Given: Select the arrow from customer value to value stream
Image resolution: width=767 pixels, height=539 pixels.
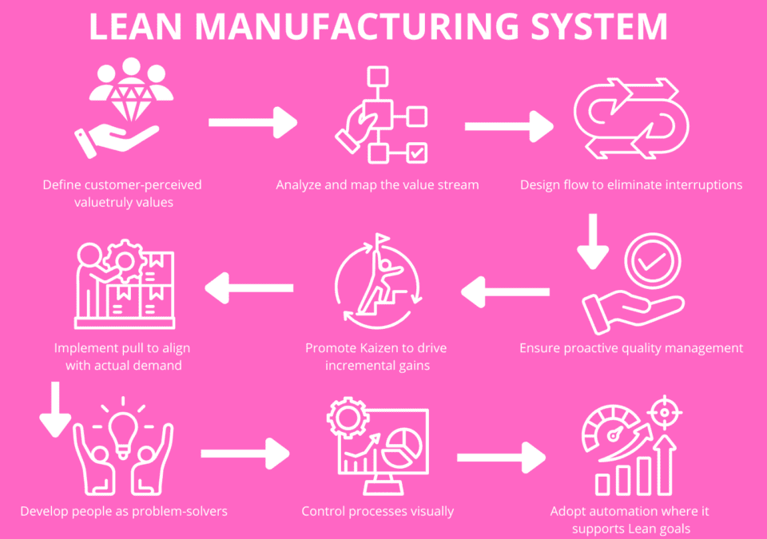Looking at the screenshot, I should [x=252, y=123].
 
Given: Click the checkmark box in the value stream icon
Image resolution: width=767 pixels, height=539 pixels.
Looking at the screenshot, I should [x=416, y=152].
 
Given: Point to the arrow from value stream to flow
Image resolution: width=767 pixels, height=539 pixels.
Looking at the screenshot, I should [x=508, y=125].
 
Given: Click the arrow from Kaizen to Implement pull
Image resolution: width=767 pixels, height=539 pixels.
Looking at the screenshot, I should [x=249, y=287].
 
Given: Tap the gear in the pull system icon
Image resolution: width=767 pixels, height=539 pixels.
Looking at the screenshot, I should [x=125, y=259].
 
